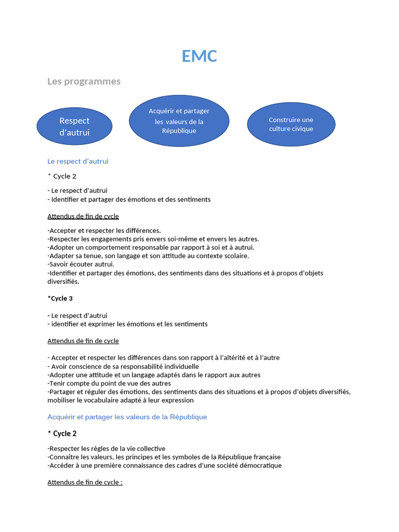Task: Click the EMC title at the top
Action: tap(199, 56)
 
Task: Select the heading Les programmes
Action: tap(84, 81)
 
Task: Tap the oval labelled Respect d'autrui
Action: tap(74, 126)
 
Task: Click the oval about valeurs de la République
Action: tap(179, 121)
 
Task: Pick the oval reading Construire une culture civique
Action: tap(291, 124)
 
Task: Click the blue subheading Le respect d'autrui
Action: tap(78, 161)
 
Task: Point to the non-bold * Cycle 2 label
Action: tap(62, 176)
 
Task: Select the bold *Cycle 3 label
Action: tap(60, 298)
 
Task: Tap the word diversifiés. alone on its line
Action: tap(63, 281)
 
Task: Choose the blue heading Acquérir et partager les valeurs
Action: tap(127, 417)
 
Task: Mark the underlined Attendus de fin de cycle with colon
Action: tap(85, 482)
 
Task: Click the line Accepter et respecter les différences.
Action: tap(104, 230)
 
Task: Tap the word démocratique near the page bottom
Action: tap(258, 465)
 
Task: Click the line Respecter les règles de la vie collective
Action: tap(106, 448)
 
